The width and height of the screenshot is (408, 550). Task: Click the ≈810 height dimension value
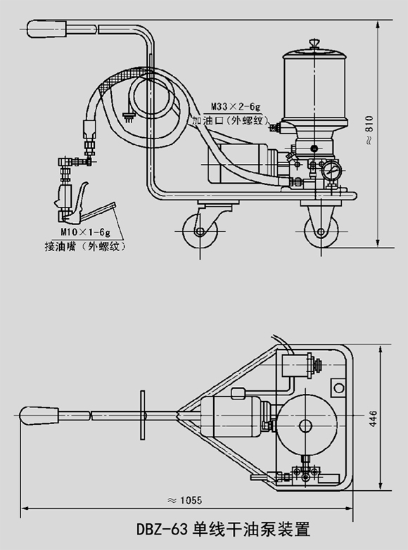point(369,129)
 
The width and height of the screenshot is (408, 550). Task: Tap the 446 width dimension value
point(374,418)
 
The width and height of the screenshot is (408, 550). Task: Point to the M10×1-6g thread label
point(85,232)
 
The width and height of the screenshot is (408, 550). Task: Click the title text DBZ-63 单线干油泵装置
point(224,529)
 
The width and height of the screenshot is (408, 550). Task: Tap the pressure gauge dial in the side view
point(331,170)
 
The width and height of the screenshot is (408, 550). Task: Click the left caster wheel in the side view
point(199,231)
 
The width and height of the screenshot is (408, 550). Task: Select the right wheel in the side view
point(321,231)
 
